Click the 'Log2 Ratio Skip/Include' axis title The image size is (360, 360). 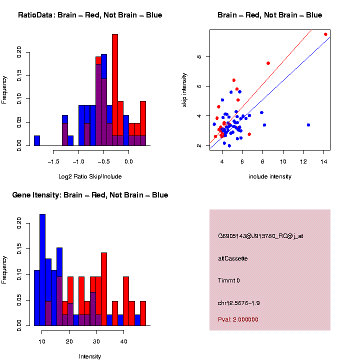click(x=90, y=176)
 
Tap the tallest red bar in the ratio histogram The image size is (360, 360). click(x=115, y=90)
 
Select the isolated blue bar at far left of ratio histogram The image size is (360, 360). click(x=37, y=140)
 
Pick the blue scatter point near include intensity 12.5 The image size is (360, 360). click(x=308, y=125)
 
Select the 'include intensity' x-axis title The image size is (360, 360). click(x=270, y=176)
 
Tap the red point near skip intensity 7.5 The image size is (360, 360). click(x=268, y=63)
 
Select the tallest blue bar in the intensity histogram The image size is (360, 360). click(x=42, y=270)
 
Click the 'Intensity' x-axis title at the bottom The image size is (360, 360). click(x=90, y=356)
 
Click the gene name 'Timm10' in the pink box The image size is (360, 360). click(x=229, y=280)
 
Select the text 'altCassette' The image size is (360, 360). click(x=232, y=258)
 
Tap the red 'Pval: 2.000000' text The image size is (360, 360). click(x=238, y=319)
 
